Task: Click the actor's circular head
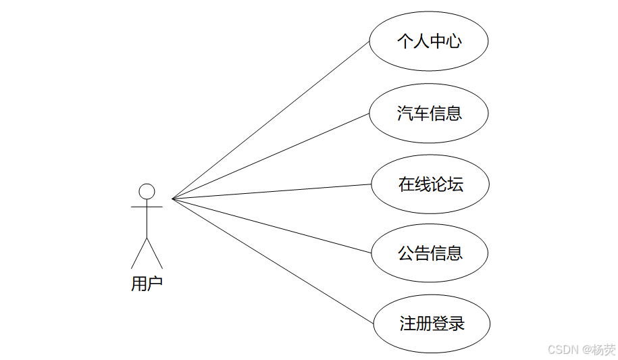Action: coord(147,191)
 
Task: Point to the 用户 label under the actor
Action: coord(147,284)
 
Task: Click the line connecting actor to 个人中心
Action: coord(270,120)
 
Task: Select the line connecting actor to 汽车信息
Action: coord(270,156)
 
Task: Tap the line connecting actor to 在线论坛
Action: coord(270,191)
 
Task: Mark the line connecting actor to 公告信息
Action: coord(270,226)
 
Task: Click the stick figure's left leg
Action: coord(138,253)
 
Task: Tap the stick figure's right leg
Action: coord(155,253)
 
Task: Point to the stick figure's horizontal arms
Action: coord(147,207)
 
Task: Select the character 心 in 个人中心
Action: coord(454,42)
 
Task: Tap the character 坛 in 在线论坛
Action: coord(456,184)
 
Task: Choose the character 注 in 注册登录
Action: coord(407,324)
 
